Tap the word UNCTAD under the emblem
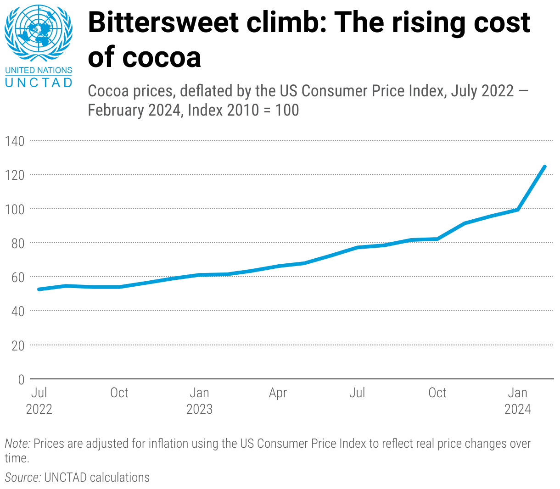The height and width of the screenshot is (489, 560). click(39, 83)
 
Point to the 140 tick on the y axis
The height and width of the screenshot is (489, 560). click(15, 141)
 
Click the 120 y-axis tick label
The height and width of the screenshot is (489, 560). click(15, 175)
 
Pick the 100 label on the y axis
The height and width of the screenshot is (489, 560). click(15, 209)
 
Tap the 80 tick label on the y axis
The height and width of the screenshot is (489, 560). click(17, 243)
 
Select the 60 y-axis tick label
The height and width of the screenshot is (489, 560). click(17, 277)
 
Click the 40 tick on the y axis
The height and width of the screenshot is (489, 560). click(17, 311)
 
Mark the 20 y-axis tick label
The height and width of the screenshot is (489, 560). click(17, 345)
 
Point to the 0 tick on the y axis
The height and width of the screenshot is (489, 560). click(21, 379)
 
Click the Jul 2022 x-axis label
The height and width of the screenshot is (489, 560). click(39, 400)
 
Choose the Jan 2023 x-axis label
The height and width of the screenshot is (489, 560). click(199, 400)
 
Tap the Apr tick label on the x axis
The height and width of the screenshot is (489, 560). click(278, 393)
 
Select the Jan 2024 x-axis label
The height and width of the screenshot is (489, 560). click(517, 400)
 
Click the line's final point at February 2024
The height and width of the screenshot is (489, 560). click(544, 167)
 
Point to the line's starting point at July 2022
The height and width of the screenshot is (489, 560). click(39, 289)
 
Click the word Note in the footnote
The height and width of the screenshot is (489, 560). click(17, 444)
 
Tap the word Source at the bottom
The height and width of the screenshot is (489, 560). click(22, 478)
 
